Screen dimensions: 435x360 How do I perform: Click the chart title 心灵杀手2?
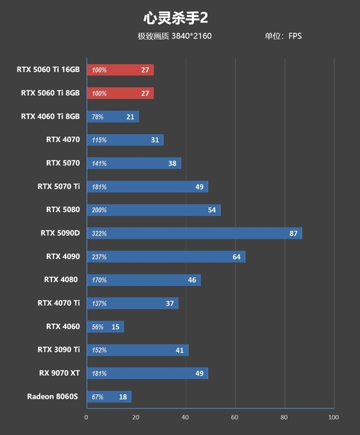pyautogui.click(x=175, y=18)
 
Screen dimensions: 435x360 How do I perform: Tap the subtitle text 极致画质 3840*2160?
pyautogui.click(x=175, y=36)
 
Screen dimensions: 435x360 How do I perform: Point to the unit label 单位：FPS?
pyautogui.click(x=283, y=36)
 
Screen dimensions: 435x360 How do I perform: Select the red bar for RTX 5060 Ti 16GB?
pyautogui.click(x=120, y=70)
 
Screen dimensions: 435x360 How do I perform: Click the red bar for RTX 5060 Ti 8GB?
pyautogui.click(x=120, y=93)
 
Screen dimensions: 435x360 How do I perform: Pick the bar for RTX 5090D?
pyautogui.click(x=194, y=233)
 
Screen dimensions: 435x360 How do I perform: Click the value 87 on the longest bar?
pyautogui.click(x=293, y=233)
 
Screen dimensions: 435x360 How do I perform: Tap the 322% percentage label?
pyautogui.click(x=99, y=234)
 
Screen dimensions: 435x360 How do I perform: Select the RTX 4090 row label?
pyautogui.click(x=63, y=256)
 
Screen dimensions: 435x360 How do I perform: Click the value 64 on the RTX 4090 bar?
pyautogui.click(x=237, y=257)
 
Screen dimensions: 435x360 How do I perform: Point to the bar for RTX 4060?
pyautogui.click(x=105, y=326)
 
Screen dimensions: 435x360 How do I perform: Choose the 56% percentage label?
pyautogui.click(x=98, y=327)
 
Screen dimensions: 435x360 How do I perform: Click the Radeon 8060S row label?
pyautogui.click(x=53, y=396)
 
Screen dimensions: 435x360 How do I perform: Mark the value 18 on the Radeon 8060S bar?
pyautogui.click(x=123, y=397)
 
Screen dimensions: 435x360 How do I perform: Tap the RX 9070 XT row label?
pyautogui.click(x=59, y=373)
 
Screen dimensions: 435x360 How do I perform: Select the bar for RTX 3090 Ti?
pyautogui.click(x=137, y=350)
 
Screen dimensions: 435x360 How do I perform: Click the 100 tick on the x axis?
pyautogui.click(x=333, y=417)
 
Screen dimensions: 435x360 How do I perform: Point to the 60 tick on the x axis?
pyautogui.click(x=234, y=417)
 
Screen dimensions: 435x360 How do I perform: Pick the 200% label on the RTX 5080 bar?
pyautogui.click(x=99, y=210)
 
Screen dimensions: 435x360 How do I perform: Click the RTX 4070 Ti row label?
pyautogui.click(x=59, y=303)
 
